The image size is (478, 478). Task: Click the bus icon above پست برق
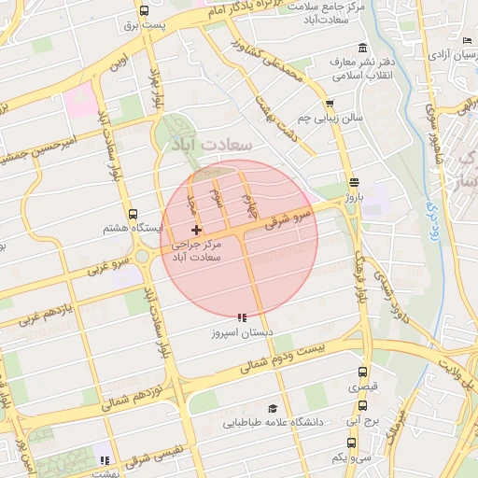click(143, 11)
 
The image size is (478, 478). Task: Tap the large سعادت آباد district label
click(213, 147)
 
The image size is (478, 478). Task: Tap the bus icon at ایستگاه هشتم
click(132, 214)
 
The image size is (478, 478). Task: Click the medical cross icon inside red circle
click(196, 230)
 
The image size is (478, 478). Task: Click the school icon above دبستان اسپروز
click(242, 317)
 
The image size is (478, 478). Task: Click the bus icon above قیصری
click(360, 371)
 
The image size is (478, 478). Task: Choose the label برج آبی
click(360, 422)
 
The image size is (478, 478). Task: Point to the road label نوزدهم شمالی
click(132, 383)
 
